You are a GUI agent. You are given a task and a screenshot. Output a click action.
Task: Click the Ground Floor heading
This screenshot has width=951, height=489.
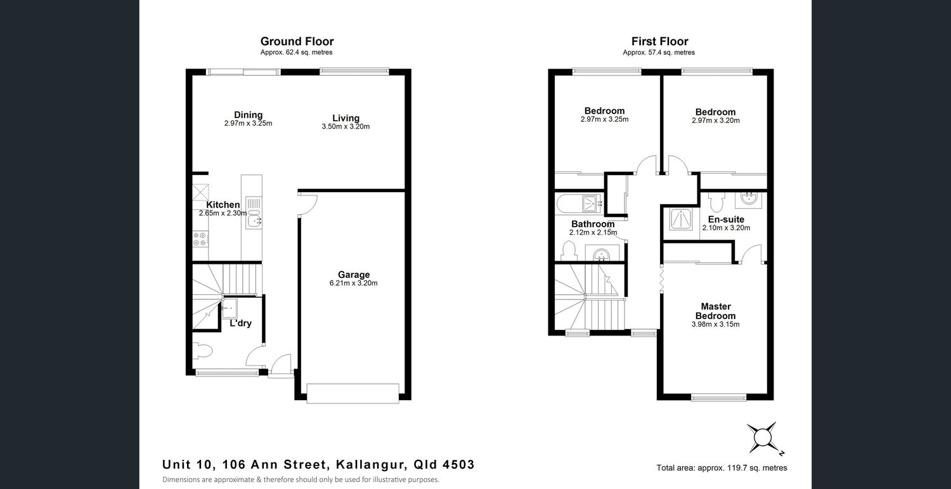click(297, 41)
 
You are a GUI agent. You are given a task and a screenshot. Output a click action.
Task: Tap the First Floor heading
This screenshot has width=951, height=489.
click(659, 41)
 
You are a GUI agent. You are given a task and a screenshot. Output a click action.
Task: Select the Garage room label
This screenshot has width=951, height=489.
click(354, 275)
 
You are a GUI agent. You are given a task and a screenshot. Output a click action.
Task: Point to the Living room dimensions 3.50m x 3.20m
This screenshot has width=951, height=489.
click(346, 127)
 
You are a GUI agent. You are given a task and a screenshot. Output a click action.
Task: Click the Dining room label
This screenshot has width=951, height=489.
click(249, 115)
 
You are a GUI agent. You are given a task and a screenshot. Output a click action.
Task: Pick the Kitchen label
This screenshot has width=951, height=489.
click(223, 204)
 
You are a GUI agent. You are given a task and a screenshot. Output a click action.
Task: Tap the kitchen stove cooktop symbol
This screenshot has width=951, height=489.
click(200, 238)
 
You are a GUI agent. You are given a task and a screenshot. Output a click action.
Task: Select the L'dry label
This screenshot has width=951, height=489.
click(241, 323)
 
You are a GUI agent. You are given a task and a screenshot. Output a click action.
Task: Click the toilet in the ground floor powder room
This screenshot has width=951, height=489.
click(202, 351)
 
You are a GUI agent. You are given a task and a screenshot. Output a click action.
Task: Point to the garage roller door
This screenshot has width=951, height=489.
click(353, 393)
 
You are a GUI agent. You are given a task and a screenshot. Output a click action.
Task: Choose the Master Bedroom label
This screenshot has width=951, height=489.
click(715, 311)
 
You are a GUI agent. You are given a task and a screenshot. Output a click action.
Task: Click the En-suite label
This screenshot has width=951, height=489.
click(726, 219)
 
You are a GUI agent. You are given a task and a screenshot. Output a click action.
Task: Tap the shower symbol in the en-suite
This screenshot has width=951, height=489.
click(681, 219)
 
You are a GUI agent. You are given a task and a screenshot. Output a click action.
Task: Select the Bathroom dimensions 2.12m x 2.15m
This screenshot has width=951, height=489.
click(593, 232)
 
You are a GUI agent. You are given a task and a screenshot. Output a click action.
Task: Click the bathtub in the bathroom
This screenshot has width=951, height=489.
click(579, 204)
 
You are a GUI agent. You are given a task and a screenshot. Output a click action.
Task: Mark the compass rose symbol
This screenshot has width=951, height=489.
click(763, 438)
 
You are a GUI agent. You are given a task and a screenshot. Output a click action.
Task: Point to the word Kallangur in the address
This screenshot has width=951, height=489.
click(370, 465)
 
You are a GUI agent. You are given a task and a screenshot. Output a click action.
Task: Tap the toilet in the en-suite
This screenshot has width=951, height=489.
click(716, 202)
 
